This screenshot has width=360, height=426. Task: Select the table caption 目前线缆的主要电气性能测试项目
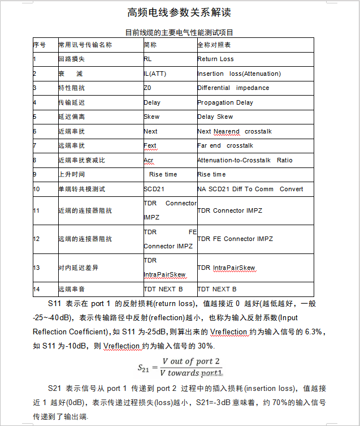pyautogui.click(x=179, y=33)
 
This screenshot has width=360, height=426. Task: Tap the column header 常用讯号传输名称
pyautogui.click(x=85, y=45)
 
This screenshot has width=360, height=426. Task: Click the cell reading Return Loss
pyautogui.click(x=215, y=59)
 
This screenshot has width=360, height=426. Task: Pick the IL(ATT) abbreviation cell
pyautogui.click(x=155, y=74)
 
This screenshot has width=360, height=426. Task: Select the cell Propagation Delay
pyautogui.click(x=225, y=102)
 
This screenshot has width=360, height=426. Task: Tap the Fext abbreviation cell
pyautogui.click(x=150, y=146)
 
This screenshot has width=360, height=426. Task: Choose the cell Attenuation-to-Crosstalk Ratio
pyautogui.click(x=245, y=160)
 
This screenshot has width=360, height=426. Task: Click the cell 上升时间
pyautogui.click(x=71, y=175)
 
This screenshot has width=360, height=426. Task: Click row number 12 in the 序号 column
pyautogui.click(x=37, y=239)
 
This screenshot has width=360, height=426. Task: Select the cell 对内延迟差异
pyautogui.click(x=78, y=268)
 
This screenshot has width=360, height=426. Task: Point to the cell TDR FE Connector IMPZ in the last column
pyautogui.click(x=235, y=239)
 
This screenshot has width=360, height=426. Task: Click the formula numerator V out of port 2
pyautogui.click(x=191, y=362)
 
